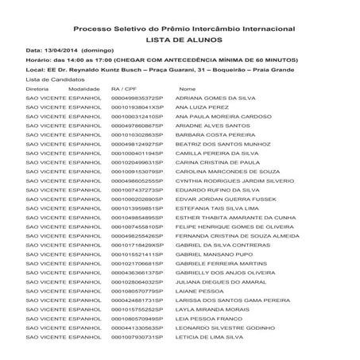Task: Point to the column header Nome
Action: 188,89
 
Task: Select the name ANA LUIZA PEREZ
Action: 202,106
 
